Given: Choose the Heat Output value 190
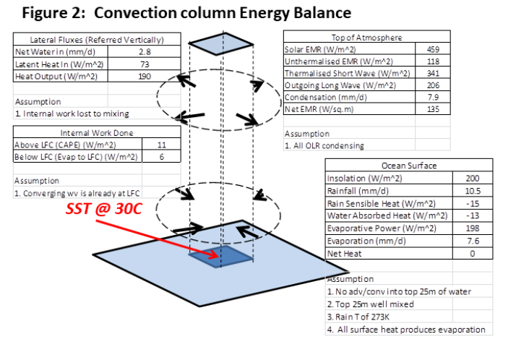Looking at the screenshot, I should tap(145, 76).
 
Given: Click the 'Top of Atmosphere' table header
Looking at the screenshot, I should tap(366, 37).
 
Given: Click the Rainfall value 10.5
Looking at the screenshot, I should tap(470, 190).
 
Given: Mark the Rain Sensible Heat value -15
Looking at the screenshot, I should tap(470, 203).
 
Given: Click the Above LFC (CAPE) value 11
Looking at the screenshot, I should tap(161, 145).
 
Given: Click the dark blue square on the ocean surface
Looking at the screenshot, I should tap(220, 254).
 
